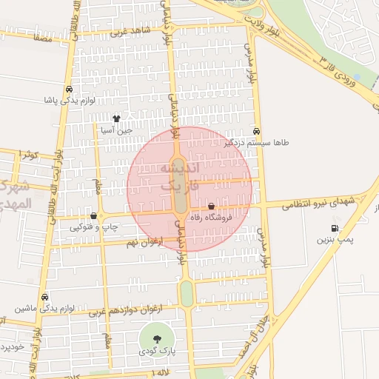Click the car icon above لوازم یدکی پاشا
coord(69,89)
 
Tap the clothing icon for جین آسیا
coord(116,118)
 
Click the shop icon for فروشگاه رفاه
coord(212,207)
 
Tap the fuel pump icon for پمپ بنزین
coord(336,227)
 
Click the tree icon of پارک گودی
coord(156,338)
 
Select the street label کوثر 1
coord(29,154)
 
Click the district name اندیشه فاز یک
coord(178,178)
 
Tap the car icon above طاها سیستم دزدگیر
coord(256,130)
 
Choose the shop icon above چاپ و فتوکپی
coord(93,215)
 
